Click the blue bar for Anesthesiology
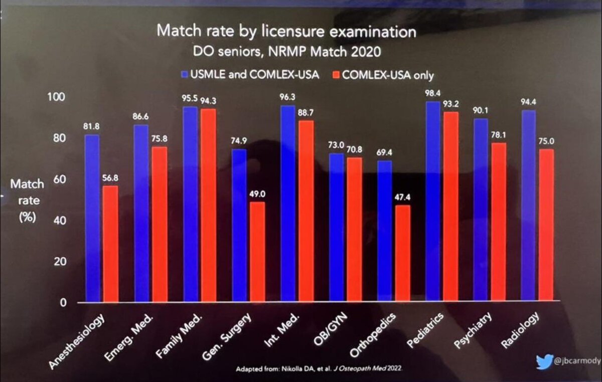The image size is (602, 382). tap(92, 218)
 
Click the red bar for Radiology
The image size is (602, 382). tap(546, 225)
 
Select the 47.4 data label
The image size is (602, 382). tap(402, 198)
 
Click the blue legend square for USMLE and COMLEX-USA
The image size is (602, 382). tap(184, 76)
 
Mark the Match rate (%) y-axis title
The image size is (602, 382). tap(27, 201)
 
